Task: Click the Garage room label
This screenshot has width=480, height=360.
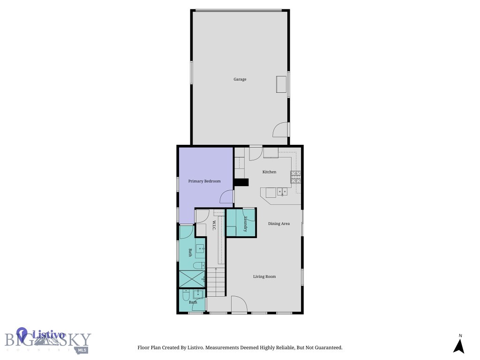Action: tap(240, 80)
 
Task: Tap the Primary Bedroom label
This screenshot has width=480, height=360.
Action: tap(204, 181)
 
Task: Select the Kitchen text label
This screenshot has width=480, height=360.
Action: tap(269, 172)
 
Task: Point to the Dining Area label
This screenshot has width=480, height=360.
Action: tap(279, 224)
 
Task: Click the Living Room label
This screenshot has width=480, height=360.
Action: tap(264, 277)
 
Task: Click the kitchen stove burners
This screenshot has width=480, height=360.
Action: tap(296, 176)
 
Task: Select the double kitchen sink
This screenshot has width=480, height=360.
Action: tap(282, 191)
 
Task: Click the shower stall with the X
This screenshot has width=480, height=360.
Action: tap(192, 278)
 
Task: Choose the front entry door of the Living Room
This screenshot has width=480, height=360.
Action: tap(239, 304)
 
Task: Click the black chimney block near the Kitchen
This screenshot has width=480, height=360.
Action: tap(241, 183)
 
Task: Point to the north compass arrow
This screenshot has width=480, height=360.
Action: tap(459, 346)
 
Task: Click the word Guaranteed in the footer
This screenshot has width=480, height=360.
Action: tap(327, 348)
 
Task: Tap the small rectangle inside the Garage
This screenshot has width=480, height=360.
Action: tap(282, 84)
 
